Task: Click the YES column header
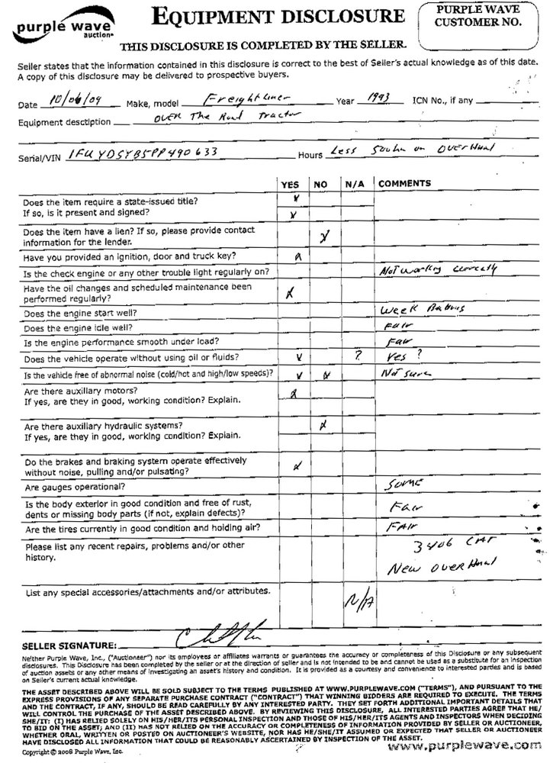[x=290, y=185]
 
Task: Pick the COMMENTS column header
[x=405, y=185]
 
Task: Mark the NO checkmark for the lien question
[x=323, y=237]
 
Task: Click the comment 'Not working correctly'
[x=436, y=270]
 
